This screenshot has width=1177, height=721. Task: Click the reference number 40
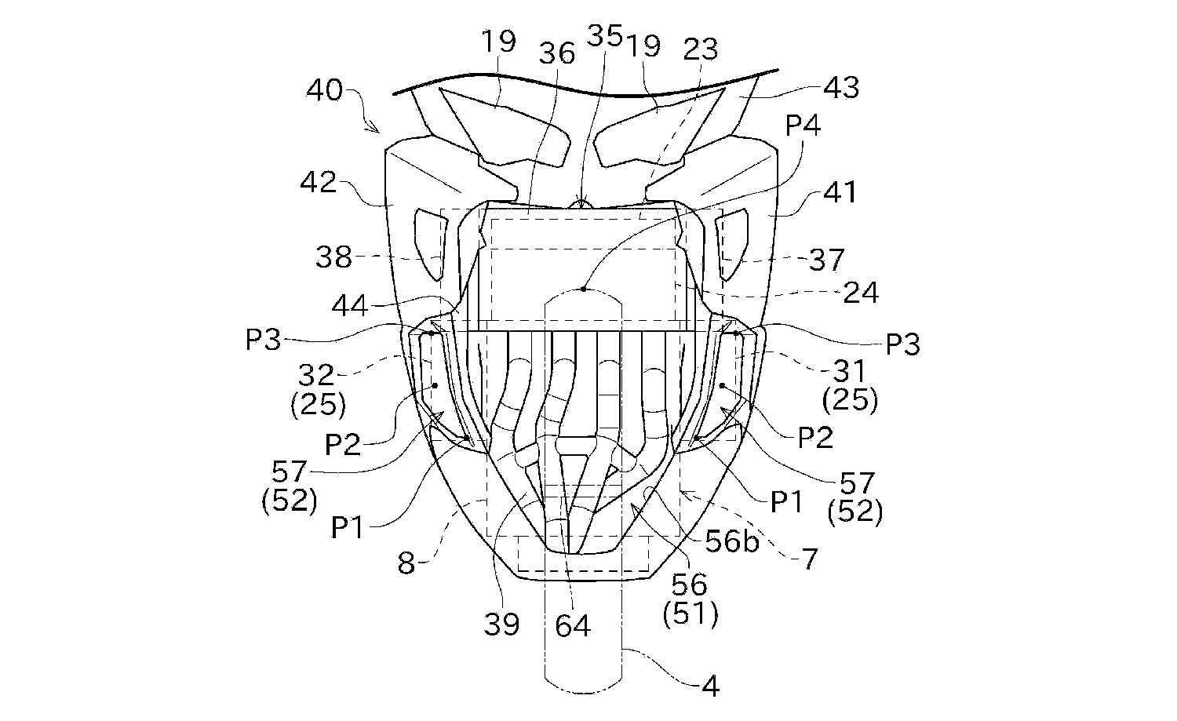click(x=325, y=89)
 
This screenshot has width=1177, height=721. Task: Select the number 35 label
click(x=604, y=36)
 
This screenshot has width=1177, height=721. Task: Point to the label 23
click(x=700, y=49)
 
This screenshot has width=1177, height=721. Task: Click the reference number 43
click(x=841, y=87)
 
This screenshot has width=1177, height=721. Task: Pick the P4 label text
click(x=803, y=125)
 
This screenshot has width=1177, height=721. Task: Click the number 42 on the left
click(x=319, y=183)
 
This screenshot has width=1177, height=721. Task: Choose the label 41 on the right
click(x=840, y=191)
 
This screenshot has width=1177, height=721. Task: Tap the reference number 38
click(x=334, y=257)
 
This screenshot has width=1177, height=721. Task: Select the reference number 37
click(x=826, y=260)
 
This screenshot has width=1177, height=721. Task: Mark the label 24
click(x=861, y=293)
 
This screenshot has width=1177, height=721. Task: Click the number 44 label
click(x=350, y=305)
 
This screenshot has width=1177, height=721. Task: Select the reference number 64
click(x=573, y=625)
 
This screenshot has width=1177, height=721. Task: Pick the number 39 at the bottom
click(x=501, y=624)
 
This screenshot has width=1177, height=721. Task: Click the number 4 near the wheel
click(x=709, y=686)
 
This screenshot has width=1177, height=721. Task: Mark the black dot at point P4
click(x=584, y=289)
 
